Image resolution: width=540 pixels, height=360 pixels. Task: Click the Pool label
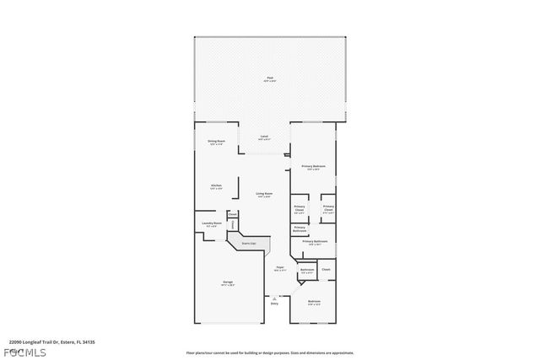click(270, 79)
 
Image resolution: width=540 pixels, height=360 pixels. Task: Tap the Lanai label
click(264, 137)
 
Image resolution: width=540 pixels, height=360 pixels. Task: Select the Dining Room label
click(216, 142)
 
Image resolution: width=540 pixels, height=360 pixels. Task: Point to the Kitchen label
click(216, 186)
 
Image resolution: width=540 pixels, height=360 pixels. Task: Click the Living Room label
click(264, 195)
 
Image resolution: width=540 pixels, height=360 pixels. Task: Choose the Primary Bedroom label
click(313, 167)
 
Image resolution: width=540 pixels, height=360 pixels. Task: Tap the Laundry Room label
click(210, 224)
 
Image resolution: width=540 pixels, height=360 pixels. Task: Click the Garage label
click(228, 282)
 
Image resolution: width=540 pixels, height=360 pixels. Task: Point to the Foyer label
click(279, 268)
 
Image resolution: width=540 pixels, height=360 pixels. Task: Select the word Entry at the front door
click(274, 304)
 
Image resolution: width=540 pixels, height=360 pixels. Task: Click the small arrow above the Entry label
click(274, 297)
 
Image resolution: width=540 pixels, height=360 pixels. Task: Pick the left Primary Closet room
click(300, 209)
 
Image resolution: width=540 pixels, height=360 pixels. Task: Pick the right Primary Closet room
click(328, 209)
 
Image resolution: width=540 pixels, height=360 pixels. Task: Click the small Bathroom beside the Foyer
click(306, 271)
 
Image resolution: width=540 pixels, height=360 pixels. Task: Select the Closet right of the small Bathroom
click(326, 270)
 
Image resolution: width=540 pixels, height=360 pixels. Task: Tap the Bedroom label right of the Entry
click(314, 302)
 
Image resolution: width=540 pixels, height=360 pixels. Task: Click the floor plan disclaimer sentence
click(270, 352)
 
